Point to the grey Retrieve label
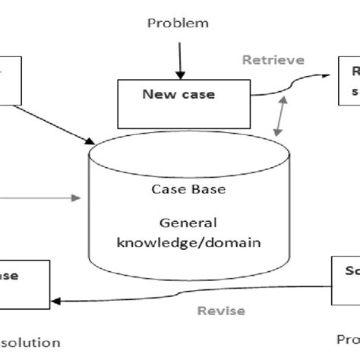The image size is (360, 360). coord(273,60)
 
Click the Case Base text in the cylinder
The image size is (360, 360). coord(188,189)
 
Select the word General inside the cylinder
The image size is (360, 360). coord(188,223)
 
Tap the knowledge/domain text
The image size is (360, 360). coord(188,242)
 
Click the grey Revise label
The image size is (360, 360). coord(220,311)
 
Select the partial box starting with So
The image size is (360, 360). coord(346,280)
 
